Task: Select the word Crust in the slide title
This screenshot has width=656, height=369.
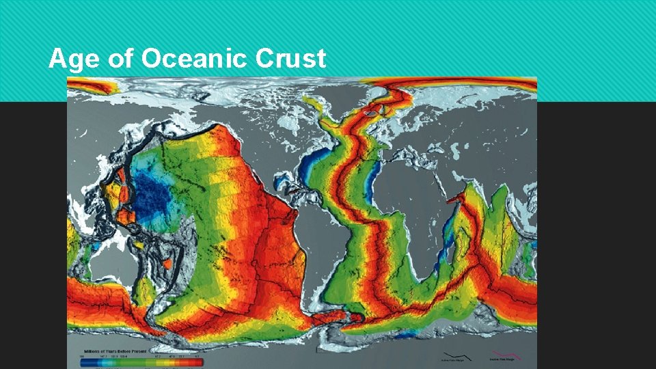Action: point(290,59)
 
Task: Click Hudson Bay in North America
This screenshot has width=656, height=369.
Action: point(287,126)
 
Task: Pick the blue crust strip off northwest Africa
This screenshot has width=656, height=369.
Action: point(372,174)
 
